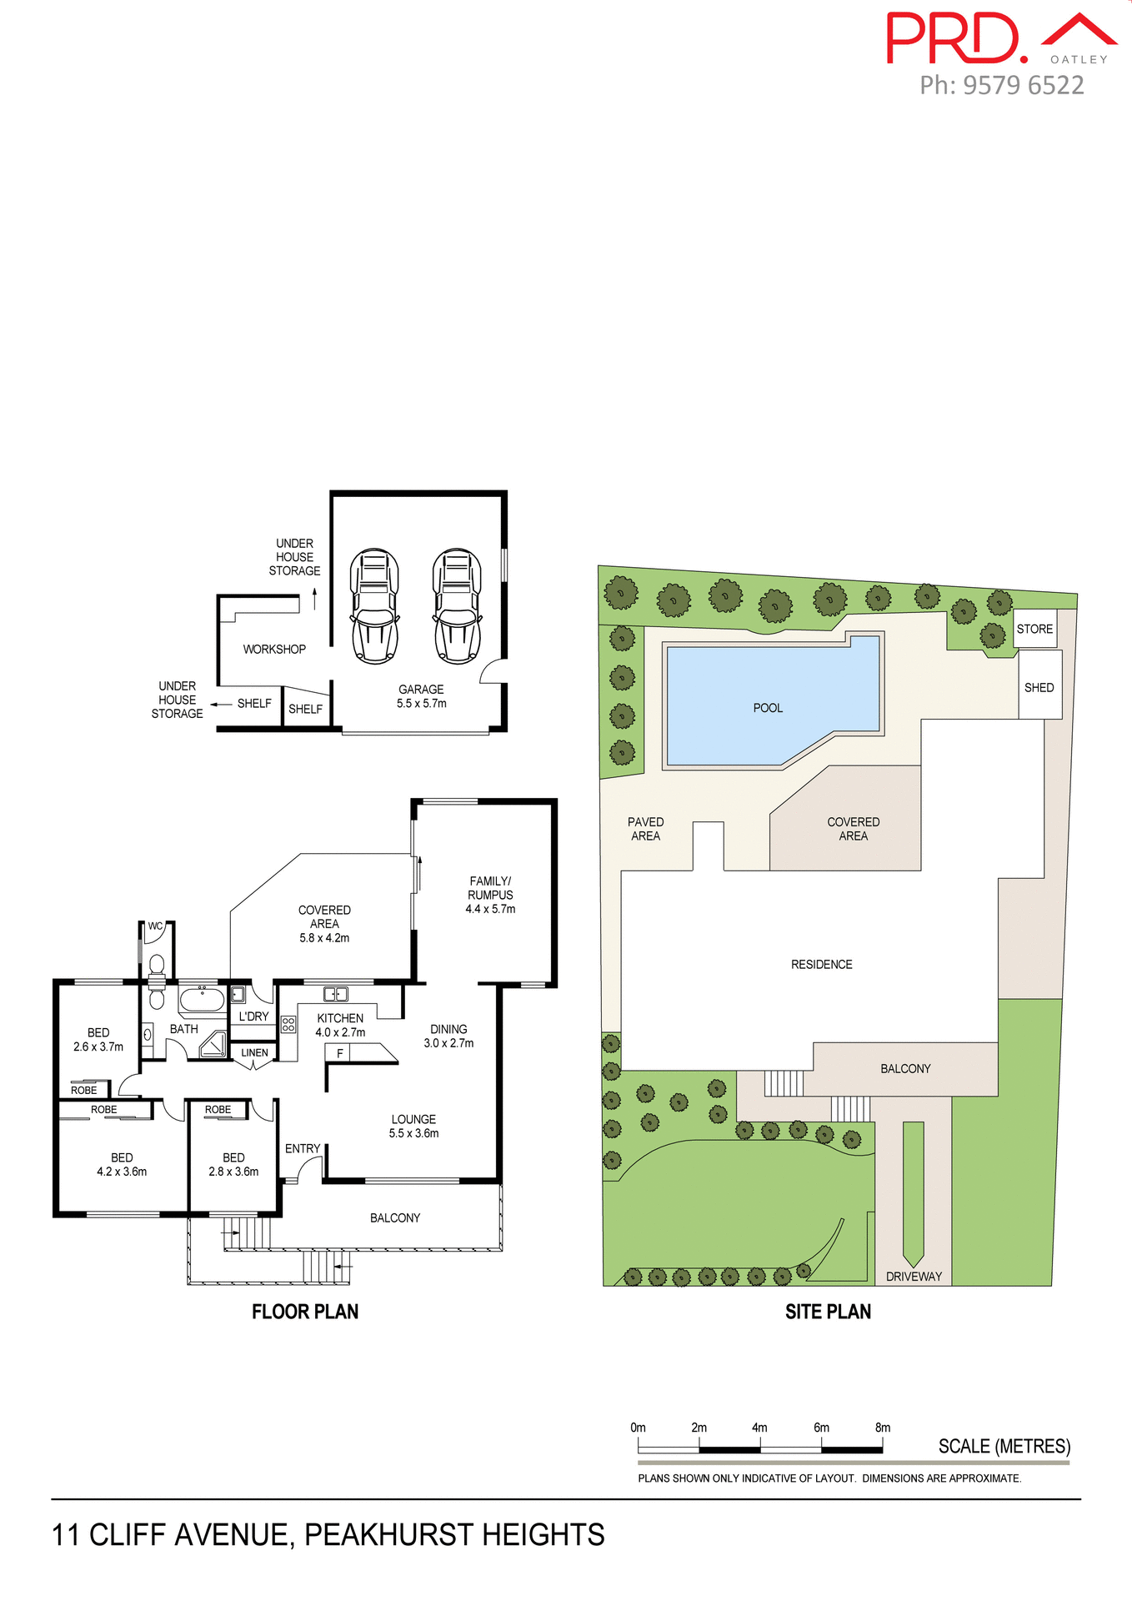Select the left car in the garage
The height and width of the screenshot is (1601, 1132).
374,606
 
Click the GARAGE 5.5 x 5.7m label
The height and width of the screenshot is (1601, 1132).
421,696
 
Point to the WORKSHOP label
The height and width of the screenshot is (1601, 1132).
274,649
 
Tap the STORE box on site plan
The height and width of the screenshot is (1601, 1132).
1034,629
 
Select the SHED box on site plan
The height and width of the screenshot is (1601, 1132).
1039,687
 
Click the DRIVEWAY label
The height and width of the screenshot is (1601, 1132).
914,1277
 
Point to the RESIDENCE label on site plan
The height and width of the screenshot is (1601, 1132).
821,964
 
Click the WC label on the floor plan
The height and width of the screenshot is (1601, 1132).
155,926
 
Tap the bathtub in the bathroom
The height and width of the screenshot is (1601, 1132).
202,999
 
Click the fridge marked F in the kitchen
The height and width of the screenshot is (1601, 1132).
339,1053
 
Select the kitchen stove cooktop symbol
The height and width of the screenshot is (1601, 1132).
288,1024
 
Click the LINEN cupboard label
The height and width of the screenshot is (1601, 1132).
254,1052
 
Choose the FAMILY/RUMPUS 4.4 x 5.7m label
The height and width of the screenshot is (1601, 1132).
490,895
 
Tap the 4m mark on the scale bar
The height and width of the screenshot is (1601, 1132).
759,1428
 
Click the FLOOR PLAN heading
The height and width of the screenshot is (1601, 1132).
305,1312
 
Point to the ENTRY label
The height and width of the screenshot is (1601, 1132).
302,1148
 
